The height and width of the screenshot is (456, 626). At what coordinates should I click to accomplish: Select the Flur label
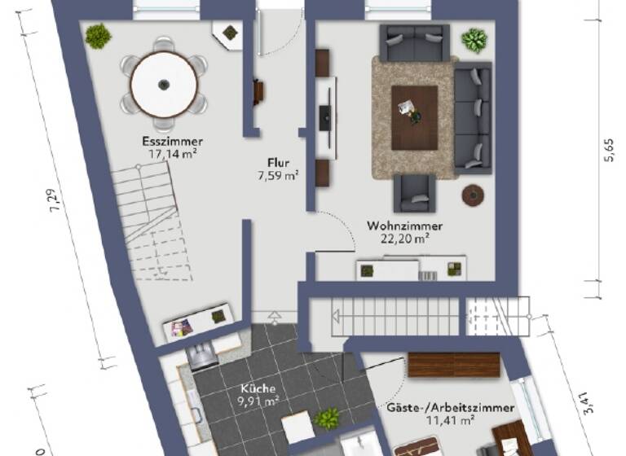[x=280, y=162]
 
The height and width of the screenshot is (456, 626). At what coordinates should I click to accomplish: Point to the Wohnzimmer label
[x=405, y=226]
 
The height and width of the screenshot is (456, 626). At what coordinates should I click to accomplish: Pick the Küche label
[x=258, y=388]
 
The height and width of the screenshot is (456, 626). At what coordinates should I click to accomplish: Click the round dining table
[x=164, y=84]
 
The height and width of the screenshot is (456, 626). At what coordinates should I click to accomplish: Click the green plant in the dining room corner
[x=98, y=35]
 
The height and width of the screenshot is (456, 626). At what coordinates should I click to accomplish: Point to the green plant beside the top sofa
[x=474, y=39]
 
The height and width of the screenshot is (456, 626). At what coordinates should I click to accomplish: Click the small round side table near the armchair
[x=472, y=194]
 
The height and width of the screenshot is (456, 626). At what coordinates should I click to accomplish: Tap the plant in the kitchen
[x=328, y=419]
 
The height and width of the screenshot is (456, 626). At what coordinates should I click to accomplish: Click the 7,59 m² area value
[x=280, y=174]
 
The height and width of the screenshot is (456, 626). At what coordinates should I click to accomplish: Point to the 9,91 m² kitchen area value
[x=258, y=401]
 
